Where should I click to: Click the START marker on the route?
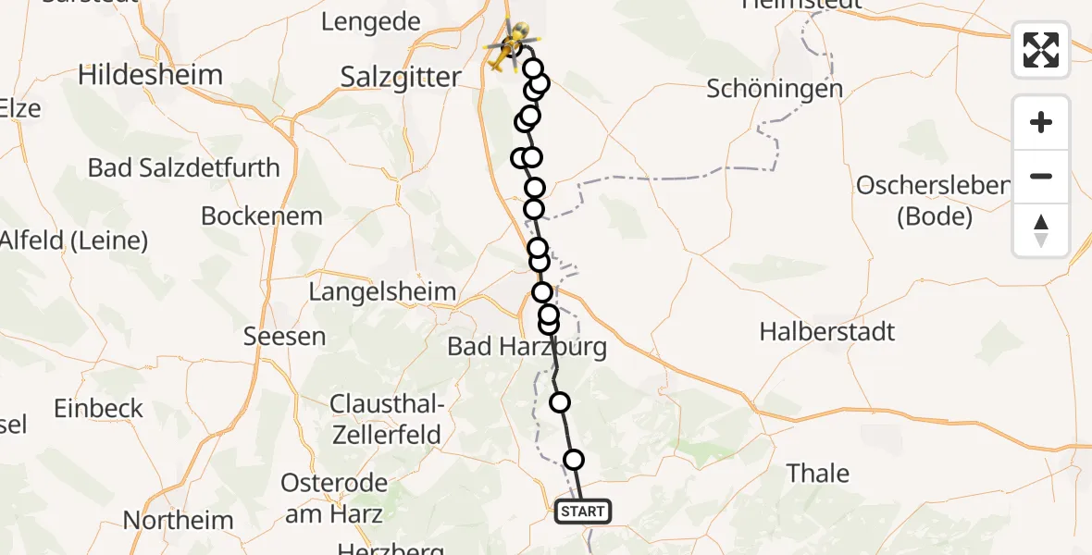[x=582, y=511]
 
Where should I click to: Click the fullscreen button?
[x=1041, y=49]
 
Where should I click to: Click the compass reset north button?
[x=1041, y=230]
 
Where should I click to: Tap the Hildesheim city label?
[x=150, y=75]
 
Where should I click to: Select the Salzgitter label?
[x=401, y=77]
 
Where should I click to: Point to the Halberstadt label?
[x=827, y=331]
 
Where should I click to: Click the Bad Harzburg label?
[x=527, y=347]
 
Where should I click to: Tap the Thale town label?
[x=817, y=473]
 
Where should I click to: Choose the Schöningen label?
[x=775, y=89]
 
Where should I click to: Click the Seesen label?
[x=284, y=336]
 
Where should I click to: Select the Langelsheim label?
[x=382, y=292]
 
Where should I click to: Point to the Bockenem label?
[x=262, y=216]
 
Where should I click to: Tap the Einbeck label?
[x=98, y=408]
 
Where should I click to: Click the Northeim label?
[x=179, y=520]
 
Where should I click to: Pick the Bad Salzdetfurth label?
[x=183, y=167]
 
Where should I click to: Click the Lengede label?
[x=370, y=21]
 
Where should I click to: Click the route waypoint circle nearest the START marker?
[x=574, y=460]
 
